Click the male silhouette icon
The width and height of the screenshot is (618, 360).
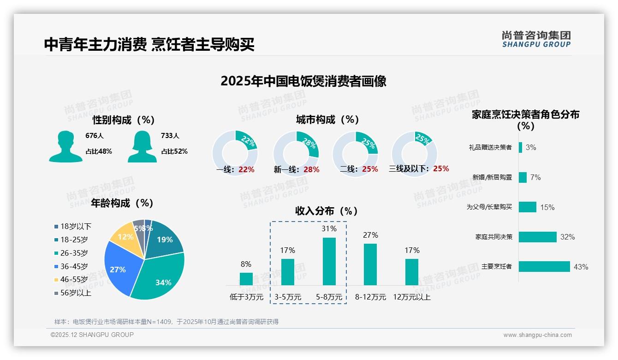click(66, 146)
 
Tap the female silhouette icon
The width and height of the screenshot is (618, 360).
click(142, 146)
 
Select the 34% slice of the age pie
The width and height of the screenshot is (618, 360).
click(159, 277)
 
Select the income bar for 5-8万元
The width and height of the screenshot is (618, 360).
click(329, 261)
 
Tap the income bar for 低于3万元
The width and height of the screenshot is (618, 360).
click(246, 279)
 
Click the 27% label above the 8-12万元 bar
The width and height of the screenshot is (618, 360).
click(370, 235)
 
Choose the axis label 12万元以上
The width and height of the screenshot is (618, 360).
click(412, 297)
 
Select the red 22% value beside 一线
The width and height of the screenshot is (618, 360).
click(246, 169)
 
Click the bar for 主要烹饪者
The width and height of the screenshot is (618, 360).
click(544, 267)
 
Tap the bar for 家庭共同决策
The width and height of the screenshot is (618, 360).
click(538, 237)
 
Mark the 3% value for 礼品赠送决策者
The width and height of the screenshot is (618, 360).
click(531, 147)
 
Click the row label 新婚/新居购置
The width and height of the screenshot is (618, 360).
click(492, 177)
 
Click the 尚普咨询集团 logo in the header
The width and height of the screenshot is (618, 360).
click(536, 39)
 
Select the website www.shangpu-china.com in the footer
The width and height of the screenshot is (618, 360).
click(537, 335)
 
